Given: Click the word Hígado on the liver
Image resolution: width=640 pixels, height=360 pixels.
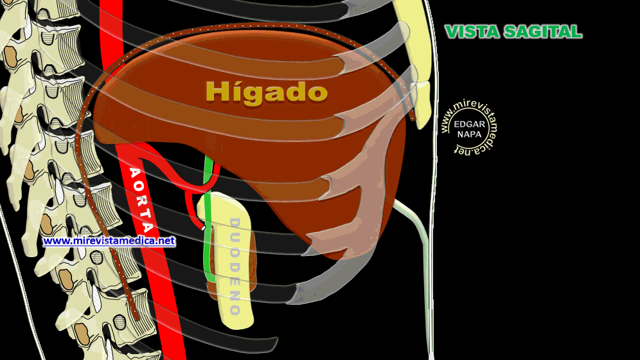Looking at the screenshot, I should (266, 92).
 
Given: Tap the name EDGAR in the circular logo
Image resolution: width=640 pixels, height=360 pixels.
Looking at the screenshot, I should (468, 124).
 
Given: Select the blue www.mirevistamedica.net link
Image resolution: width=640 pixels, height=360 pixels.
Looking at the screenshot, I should (109, 241).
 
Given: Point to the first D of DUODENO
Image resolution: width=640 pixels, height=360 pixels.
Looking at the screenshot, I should (234, 224).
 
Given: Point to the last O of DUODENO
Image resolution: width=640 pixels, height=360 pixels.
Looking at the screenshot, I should (235, 309).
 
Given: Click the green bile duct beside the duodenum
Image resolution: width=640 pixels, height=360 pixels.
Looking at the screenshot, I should (207, 251).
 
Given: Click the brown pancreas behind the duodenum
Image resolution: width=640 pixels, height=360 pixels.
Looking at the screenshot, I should (252, 270).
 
